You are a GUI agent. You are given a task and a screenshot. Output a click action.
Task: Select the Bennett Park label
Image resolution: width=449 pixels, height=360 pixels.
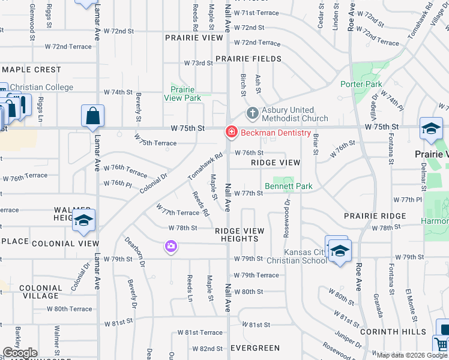pyautogui.click(x=289, y=186)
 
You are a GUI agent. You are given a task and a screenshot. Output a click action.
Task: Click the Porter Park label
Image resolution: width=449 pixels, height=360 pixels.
pyautogui.click(x=361, y=84)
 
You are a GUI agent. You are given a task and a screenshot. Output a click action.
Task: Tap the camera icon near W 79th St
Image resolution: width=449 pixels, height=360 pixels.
pyautogui.click(x=171, y=246)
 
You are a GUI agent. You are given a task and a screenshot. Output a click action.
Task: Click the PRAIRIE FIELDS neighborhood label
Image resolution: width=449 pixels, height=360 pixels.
pyautogui.click(x=249, y=59)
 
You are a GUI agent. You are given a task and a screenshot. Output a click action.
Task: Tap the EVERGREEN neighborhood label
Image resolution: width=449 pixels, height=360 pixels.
pyautogui.click(x=255, y=348)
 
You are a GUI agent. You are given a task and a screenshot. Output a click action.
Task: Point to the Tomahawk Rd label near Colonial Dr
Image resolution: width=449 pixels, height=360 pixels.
pyautogui.click(x=205, y=166)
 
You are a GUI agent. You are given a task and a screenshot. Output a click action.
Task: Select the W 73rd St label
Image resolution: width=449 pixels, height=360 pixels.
pyautogui.click(x=198, y=63)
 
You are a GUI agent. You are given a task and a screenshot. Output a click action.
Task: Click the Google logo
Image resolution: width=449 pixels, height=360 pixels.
pyautogui.click(x=20, y=353)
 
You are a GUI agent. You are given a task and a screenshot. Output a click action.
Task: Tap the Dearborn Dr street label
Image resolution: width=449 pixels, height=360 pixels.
pyautogui.click(x=135, y=252)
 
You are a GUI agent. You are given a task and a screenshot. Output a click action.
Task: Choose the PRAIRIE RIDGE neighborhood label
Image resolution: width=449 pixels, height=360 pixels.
pyautogui.click(x=375, y=216)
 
